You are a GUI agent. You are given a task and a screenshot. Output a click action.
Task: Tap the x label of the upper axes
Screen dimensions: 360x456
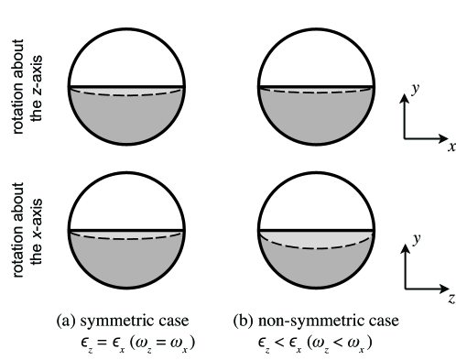click(451, 145)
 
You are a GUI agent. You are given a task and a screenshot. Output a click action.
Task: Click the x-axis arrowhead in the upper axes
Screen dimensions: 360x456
click(440, 139)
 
